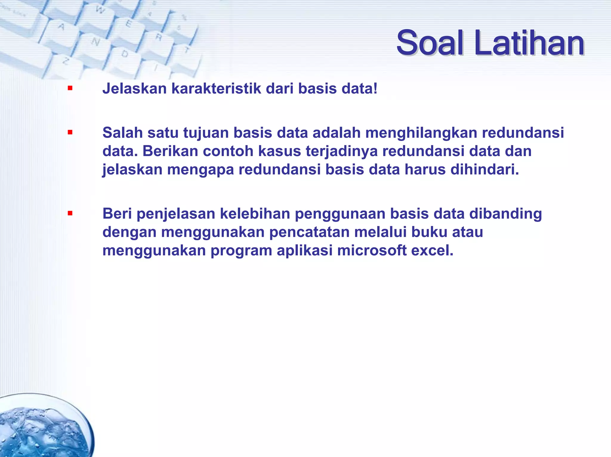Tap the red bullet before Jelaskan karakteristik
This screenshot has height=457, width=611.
tap(70, 88)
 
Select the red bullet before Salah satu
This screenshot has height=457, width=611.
tap(70, 132)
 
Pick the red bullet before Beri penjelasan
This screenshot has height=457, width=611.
tap(70, 213)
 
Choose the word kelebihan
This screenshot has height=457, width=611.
tap(255, 214)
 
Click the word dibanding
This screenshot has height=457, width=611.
tap(506, 214)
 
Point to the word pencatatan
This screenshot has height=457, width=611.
tap(309, 232)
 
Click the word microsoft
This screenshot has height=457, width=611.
tap(372, 251)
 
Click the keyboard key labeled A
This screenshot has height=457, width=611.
tap(62, 27)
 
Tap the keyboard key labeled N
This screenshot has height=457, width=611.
tap(96, 42)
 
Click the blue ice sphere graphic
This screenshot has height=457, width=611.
tap(42, 429)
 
